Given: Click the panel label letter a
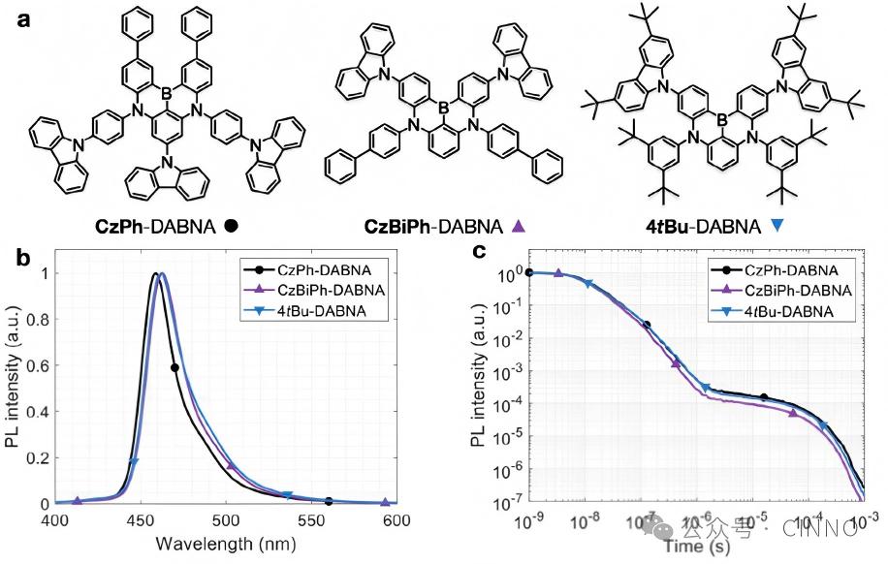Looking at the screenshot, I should pyautogui.click(x=22, y=20).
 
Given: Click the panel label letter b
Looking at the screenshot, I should pyautogui.click(x=22, y=259).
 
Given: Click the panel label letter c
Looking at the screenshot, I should pyautogui.click(x=477, y=253).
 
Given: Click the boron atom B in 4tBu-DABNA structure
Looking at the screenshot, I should pyautogui.click(x=718, y=120).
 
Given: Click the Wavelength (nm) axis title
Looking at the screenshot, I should pyautogui.click(x=226, y=541).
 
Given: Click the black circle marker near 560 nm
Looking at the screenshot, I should pyautogui.click(x=330, y=501).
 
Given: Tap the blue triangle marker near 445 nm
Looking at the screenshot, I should pyautogui.click(x=134, y=462).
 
